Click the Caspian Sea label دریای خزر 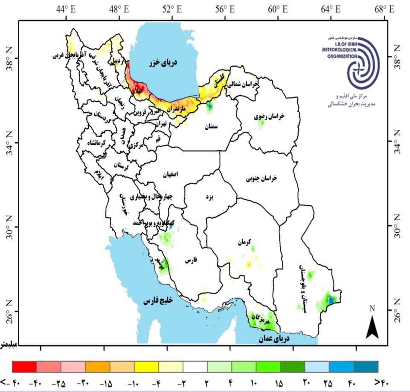pyautogui.click(x=163, y=63)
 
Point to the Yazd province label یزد pyautogui.click(x=209, y=197)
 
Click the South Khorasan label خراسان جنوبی pyautogui.click(x=261, y=178)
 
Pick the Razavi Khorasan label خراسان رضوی pyautogui.click(x=269, y=116)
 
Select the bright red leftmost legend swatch pyautogui.click(x=24, y=366)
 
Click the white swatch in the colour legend pyautogui.click(x=195, y=366)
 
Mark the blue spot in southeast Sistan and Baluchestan pyautogui.click(x=331, y=301)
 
